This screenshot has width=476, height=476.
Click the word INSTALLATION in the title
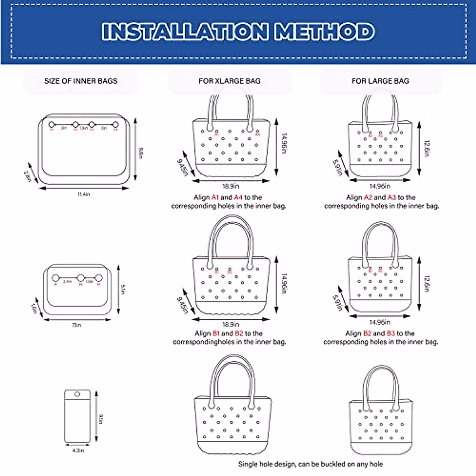click(185, 31)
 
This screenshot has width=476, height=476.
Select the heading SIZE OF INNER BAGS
click(81, 81)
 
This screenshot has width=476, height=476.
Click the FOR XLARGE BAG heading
click(229, 81)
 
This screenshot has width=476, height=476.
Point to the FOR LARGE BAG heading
click(380, 81)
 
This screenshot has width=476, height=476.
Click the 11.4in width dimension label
click(84, 194)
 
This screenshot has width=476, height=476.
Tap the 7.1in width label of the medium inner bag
click(77, 325)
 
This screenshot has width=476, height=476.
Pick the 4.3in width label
click(79, 450)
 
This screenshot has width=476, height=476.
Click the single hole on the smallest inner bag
click(77, 394)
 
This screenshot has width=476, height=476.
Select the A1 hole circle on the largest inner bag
click(51, 125)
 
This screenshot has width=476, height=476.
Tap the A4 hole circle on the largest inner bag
click(116, 125)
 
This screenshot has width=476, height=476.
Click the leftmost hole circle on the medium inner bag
click(56, 278)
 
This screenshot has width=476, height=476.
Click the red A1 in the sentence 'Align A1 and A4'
click(215, 197)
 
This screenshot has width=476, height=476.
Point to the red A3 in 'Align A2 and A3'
click(392, 197)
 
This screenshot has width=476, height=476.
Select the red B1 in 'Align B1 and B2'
click(216, 333)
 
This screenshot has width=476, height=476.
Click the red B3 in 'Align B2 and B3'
click(391, 333)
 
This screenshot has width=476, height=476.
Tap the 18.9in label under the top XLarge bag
click(230, 186)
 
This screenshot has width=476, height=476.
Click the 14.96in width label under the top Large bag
click(380, 186)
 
